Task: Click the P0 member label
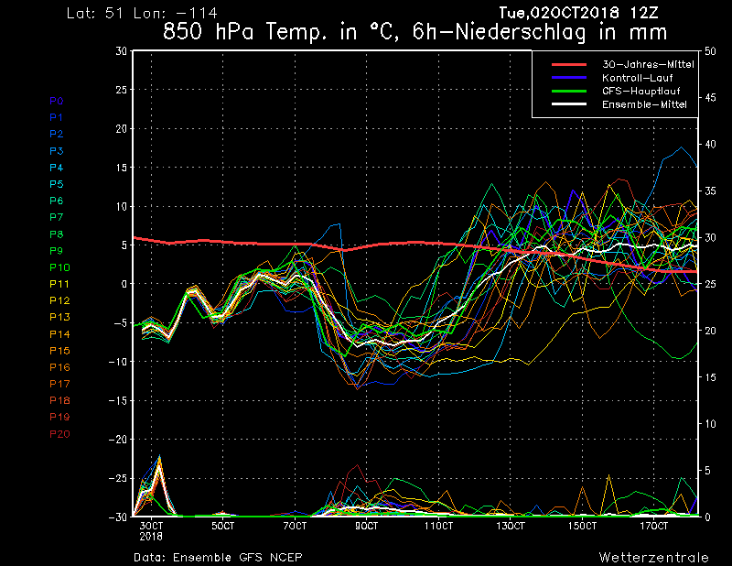tap(57, 101)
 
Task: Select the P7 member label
tap(57, 217)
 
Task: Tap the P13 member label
tap(59, 318)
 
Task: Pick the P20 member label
tap(59, 434)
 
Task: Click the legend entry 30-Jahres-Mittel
tap(648, 64)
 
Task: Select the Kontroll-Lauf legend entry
tap(638, 78)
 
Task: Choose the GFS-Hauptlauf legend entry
tap(641, 92)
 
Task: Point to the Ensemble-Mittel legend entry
tap(644, 104)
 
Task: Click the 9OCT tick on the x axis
tap(367, 527)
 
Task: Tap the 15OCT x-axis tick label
tap(582, 527)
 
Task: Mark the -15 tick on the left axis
tap(118, 401)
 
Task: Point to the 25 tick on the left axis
tap(122, 90)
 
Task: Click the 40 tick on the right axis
tap(710, 145)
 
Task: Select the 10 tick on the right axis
tap(710, 424)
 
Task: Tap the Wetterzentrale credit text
tap(654, 558)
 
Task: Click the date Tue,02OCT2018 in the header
tap(559, 13)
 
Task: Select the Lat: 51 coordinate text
tap(95, 13)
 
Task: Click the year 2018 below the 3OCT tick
tap(151, 537)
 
